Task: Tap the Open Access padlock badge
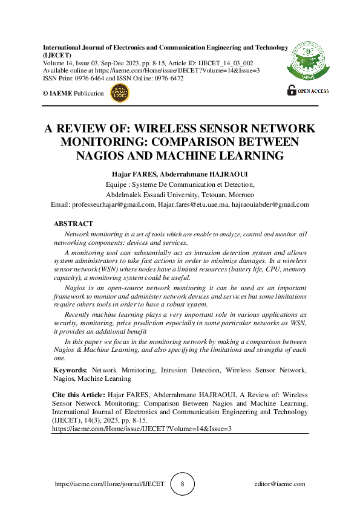pos(307,90)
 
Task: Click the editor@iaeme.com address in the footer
pos(280,484)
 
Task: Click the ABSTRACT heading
pos(73,224)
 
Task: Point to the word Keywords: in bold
pos(71,369)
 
